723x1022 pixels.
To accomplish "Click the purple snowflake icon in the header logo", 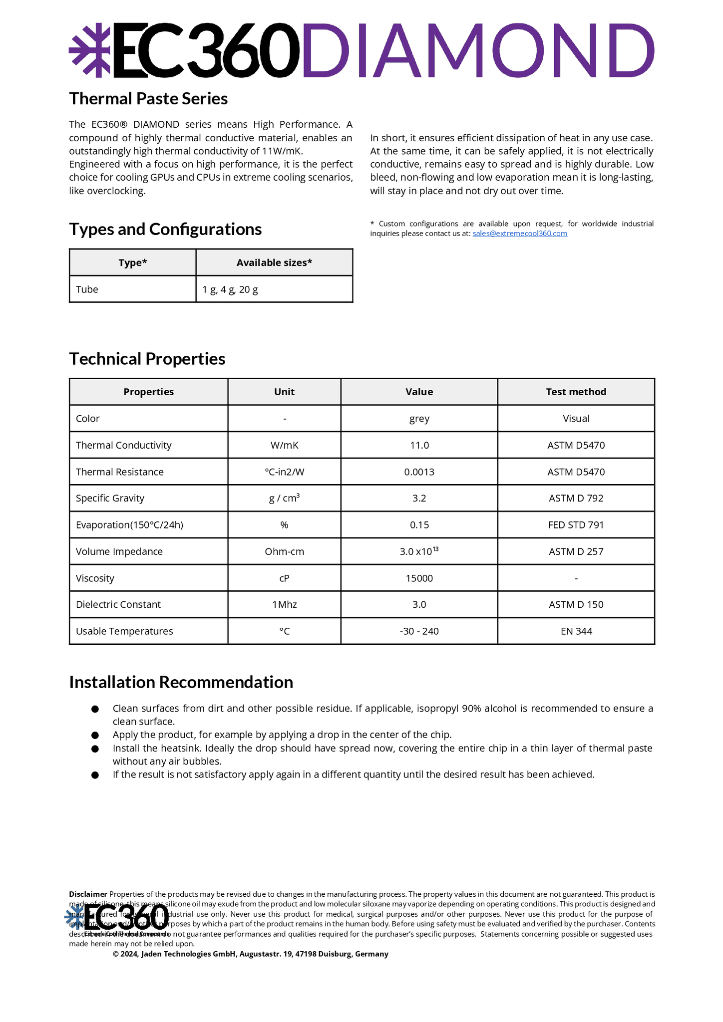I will tap(89, 50).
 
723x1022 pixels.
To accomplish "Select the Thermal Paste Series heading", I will tap(148, 99).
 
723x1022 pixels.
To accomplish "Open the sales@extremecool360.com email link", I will tap(519, 234).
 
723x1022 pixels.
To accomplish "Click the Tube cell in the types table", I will tap(87, 289).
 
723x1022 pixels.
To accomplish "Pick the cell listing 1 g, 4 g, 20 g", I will tap(230, 289).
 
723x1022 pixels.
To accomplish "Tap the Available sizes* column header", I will tap(274, 262).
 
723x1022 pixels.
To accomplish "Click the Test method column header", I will tap(576, 392).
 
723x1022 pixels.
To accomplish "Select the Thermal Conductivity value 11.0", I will tap(419, 445).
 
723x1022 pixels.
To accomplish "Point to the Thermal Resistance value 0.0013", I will tap(419, 472).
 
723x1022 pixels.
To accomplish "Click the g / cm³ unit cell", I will tap(284, 498).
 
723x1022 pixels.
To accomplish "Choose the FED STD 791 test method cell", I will tap(576, 525).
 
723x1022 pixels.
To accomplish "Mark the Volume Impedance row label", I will tap(119, 551).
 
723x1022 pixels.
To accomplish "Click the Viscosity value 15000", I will tap(419, 578).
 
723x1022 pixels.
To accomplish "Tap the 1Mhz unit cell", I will tap(284, 605).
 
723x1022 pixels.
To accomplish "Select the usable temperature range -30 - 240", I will tap(419, 631).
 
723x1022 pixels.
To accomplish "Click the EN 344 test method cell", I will tap(576, 631).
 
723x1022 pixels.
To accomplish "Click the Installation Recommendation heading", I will tap(181, 682).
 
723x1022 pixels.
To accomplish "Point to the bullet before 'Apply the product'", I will tap(95, 736).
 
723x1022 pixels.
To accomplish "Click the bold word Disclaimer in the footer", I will tap(88, 894).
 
